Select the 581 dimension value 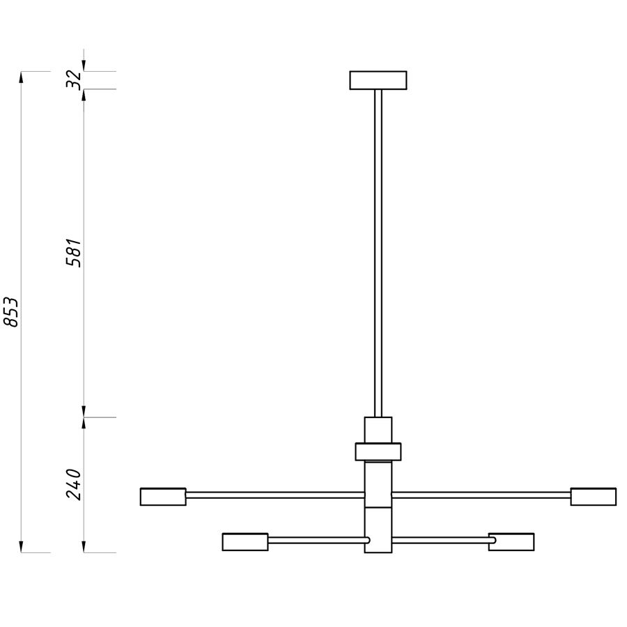click(74, 253)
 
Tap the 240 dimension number click(74, 485)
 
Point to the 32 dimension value click(74, 80)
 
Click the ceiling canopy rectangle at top click(378, 80)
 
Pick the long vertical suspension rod click(378, 253)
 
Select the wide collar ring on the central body click(378, 452)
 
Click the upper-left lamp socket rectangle click(163, 497)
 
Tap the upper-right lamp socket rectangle click(593, 497)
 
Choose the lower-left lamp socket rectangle click(245, 542)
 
